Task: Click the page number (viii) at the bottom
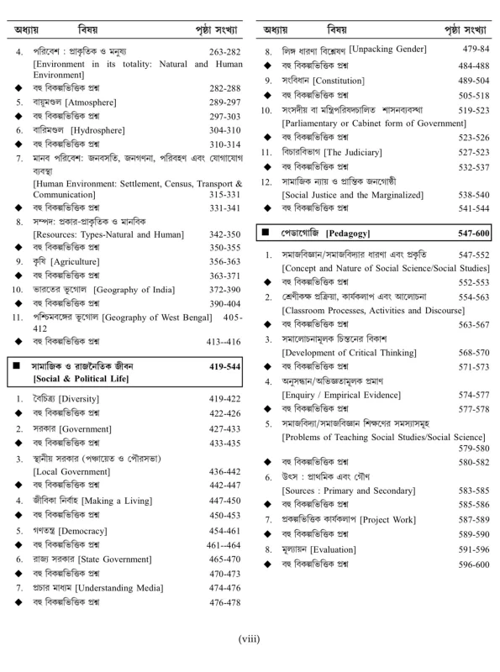click(250, 638)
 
